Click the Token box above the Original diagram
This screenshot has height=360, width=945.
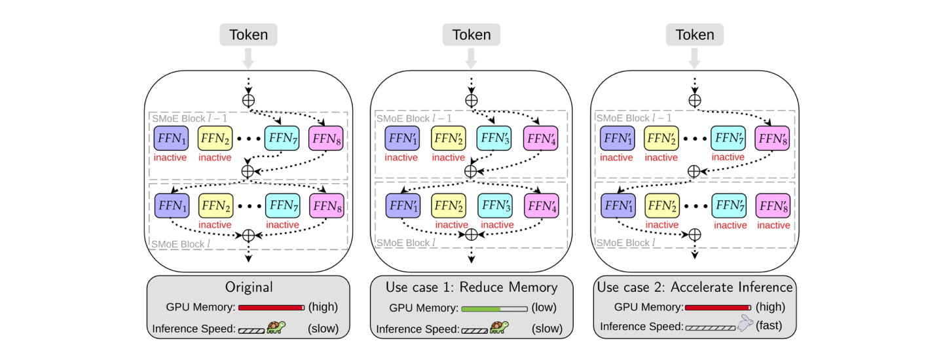249,34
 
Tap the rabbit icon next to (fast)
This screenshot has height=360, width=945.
745,323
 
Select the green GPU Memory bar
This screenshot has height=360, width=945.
481,308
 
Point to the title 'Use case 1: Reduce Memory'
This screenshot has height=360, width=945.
472,287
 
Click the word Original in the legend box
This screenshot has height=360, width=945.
249,287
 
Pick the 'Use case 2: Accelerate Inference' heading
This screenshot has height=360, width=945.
695,287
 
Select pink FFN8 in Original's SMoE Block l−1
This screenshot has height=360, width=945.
325,138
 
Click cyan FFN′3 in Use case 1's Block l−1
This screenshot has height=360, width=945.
494,139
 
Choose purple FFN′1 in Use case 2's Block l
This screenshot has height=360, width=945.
618,206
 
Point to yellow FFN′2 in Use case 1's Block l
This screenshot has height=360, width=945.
449,206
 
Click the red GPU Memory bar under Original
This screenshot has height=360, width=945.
271,307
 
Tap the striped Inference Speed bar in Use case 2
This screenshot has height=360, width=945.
710,327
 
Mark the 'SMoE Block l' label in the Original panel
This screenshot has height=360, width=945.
178,243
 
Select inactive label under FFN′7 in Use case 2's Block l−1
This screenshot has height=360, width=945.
728,157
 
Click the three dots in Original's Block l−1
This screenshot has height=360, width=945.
248,139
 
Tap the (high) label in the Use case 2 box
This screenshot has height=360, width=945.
770,306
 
